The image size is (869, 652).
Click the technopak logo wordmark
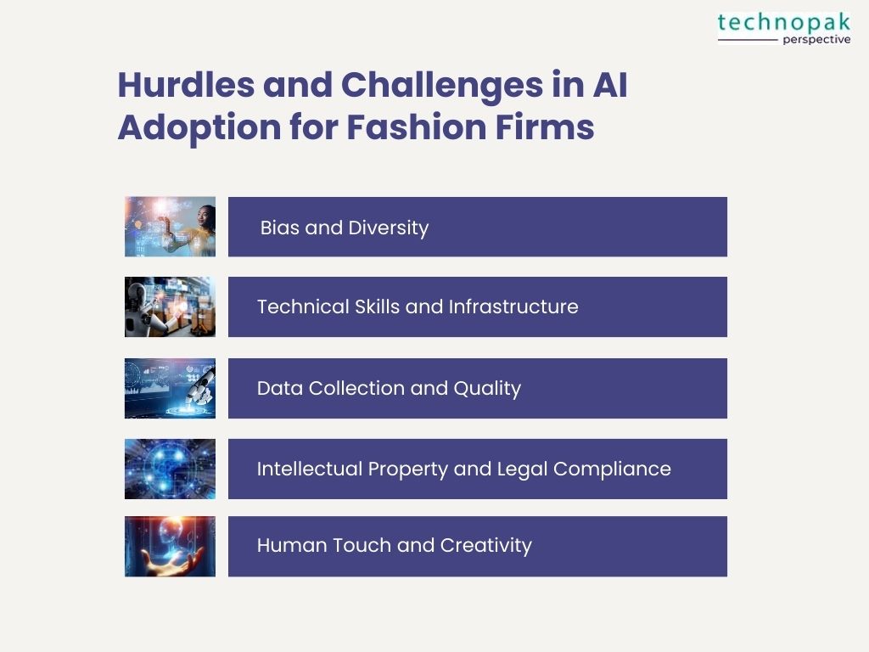[783, 23]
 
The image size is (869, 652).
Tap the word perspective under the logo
[816, 39]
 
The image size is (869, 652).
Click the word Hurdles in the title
[186, 85]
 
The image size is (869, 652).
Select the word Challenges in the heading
[442, 86]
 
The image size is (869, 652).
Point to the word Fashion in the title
[416, 127]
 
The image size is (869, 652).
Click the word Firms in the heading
[545, 127]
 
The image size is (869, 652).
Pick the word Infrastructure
[513, 306]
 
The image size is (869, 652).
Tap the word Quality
[487, 389]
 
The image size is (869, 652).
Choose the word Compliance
[612, 469]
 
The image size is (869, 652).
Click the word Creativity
[486, 546]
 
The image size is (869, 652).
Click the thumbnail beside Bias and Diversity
[170, 227]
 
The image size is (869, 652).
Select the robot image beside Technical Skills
[170, 306]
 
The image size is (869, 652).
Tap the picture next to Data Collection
[170, 388]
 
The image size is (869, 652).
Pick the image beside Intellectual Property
[170, 469]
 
